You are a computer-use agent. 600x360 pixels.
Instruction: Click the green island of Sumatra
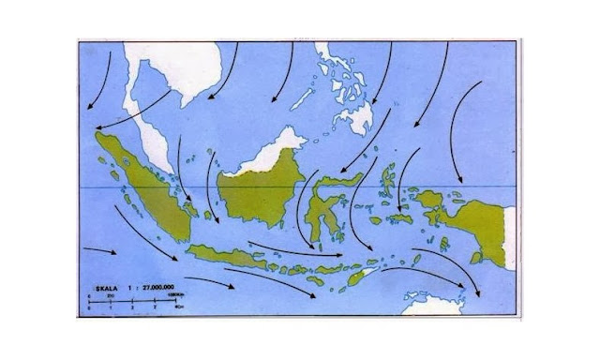(x=141, y=183)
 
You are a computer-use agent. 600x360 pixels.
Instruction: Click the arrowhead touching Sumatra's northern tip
(x=91, y=132)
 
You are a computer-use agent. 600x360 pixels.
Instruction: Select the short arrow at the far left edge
(x=99, y=251)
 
